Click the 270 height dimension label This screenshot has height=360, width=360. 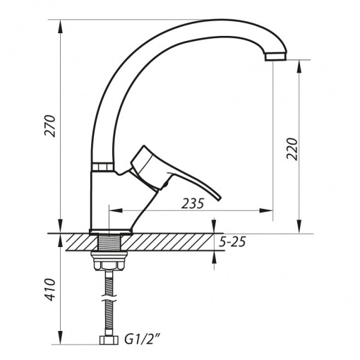pos(50,126)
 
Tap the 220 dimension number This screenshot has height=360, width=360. pos(292,149)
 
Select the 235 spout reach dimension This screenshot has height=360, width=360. pos(193,203)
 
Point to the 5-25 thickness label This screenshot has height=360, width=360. pos(232,242)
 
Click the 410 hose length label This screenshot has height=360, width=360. pos(50,289)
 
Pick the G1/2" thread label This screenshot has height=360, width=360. pos(143,340)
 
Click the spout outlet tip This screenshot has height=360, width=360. pos(276,56)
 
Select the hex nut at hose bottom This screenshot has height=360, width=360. pos(109,340)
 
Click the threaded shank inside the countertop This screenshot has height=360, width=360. pos(109,242)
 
